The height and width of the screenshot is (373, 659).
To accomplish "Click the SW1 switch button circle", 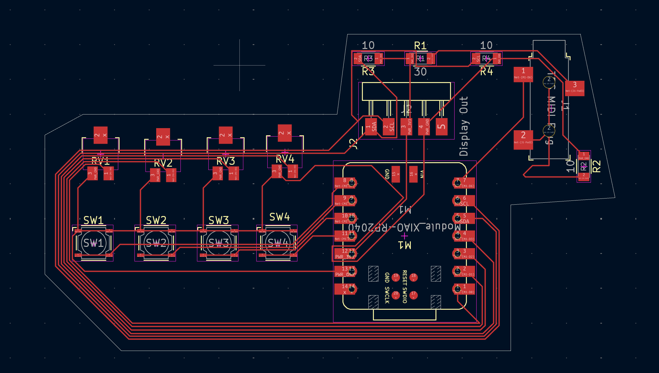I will [93, 243].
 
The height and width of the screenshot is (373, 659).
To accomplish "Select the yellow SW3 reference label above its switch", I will [219, 220].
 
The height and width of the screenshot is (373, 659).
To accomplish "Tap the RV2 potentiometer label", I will [163, 163].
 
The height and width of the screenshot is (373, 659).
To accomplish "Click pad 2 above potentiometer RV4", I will [285, 133].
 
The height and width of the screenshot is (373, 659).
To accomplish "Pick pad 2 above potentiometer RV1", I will [100, 135].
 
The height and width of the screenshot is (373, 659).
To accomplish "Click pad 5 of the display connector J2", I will [441, 126].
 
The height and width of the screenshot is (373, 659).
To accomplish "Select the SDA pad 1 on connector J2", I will [371, 126].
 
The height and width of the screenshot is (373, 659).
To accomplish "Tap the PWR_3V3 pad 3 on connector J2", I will [406, 126].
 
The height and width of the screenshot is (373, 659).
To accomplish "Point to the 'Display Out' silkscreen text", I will [464, 126].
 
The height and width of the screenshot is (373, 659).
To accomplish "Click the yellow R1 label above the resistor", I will [420, 46].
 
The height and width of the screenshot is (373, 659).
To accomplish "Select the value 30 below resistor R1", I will [420, 72].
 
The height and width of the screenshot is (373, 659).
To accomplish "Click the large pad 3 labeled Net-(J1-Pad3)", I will [574, 88].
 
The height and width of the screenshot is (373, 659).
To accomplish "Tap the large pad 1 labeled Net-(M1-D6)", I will [523, 74].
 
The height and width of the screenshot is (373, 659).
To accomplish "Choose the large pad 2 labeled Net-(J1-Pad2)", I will [523, 139].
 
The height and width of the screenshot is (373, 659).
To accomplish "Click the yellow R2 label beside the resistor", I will [596, 166].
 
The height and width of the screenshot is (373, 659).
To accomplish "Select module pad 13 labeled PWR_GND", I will [345, 271].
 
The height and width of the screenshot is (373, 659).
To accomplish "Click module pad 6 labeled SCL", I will [464, 201].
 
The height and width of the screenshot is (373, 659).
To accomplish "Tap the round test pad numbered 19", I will [396, 277].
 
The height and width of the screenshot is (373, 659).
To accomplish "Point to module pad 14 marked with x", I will [345, 289].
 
